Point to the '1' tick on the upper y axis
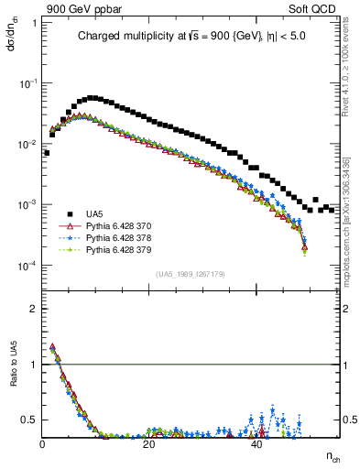pos(35,21)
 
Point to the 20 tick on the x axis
pos(149,445)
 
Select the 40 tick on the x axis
pos(256,445)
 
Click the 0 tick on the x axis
pos(42,445)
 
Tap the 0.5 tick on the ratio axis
pos(31,420)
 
